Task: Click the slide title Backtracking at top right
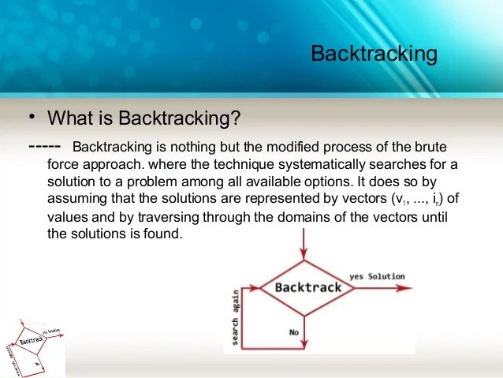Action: click(x=374, y=54)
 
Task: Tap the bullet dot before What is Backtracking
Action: click(x=32, y=117)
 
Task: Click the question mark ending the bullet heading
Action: click(x=235, y=118)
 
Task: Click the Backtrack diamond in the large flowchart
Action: click(x=307, y=288)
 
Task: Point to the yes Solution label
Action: click(x=376, y=276)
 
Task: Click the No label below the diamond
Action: click(x=293, y=332)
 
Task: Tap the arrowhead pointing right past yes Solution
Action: click(x=410, y=288)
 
